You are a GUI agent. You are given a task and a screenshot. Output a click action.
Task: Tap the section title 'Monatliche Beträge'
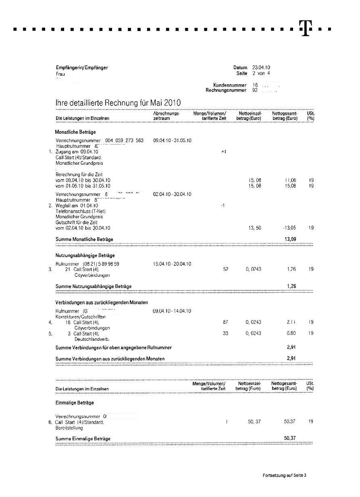(75, 132)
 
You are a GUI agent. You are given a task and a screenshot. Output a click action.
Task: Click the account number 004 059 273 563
(124, 141)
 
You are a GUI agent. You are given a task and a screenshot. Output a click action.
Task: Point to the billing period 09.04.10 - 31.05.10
(172, 141)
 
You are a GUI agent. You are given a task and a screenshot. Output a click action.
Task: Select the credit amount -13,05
(289, 228)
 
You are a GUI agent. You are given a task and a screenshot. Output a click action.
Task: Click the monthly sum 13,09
(291, 239)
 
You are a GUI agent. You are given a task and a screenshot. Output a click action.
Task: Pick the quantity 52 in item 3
(225, 269)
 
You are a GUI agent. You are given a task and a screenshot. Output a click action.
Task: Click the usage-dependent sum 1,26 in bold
(291, 286)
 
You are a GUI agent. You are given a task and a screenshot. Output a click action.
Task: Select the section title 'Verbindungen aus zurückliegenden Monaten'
(102, 302)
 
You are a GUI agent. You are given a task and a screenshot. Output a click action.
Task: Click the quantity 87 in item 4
(225, 322)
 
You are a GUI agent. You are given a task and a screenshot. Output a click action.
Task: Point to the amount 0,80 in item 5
(291, 333)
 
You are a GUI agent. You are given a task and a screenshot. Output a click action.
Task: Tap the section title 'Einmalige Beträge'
(75, 403)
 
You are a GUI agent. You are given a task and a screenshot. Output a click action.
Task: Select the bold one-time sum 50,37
(290, 438)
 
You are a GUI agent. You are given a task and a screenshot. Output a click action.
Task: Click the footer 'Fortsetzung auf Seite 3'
(284, 476)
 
